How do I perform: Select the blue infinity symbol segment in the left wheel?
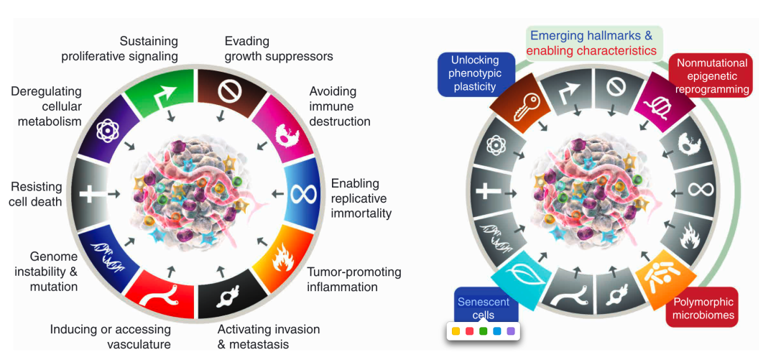pos(300,193)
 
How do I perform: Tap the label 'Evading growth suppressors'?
pos(279,48)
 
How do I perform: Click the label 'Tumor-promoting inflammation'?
pos(354,280)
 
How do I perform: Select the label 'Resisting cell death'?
pos(36,194)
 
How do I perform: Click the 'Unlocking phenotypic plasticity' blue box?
pos(475,74)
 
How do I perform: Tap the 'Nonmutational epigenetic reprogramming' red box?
pos(711,76)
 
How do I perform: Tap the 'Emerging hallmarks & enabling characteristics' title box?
pos(594,42)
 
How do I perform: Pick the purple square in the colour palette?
pos(510,332)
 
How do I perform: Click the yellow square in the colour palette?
pos(456,332)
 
